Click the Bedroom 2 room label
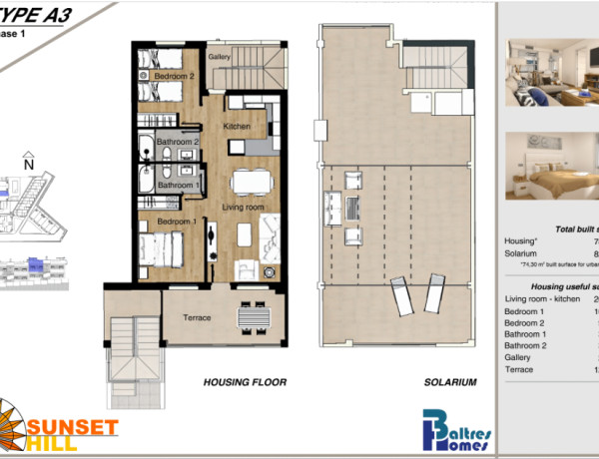pos(165,76)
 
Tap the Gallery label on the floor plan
pos(220,57)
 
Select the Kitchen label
pos(236,127)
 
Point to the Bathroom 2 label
pos(177,143)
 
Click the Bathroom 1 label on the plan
pos(177,185)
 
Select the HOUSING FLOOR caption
pos(245,382)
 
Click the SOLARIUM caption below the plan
pos(449,382)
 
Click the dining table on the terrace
pos(253,316)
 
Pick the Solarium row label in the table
pos(523,255)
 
